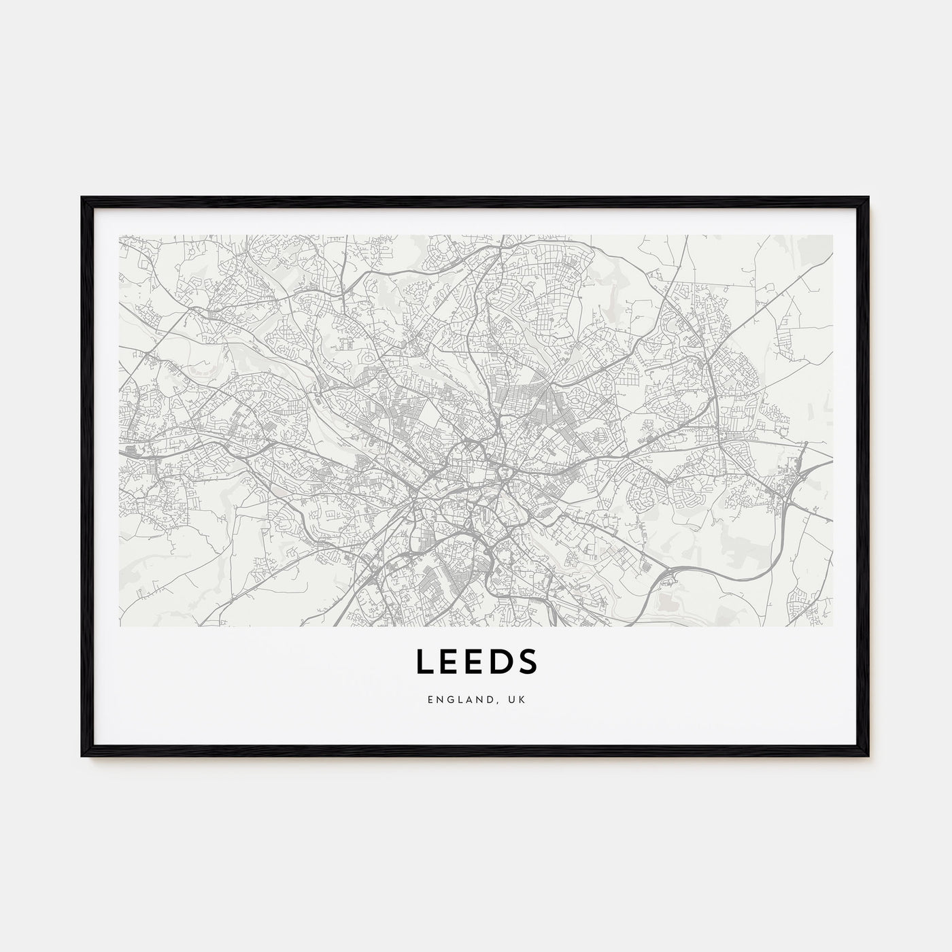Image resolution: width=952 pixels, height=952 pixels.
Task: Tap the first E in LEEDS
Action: coord(449,662)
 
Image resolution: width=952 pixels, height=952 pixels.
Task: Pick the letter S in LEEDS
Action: coord(528,662)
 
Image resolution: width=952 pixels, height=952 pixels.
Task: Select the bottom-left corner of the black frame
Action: coord(82,755)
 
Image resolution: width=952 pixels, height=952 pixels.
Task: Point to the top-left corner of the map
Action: coord(119,235)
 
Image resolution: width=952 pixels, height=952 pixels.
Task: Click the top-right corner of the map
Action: coord(832,235)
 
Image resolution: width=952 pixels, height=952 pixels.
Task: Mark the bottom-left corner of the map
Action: coord(119,626)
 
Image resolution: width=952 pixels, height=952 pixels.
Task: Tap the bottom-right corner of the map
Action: coord(832,626)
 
